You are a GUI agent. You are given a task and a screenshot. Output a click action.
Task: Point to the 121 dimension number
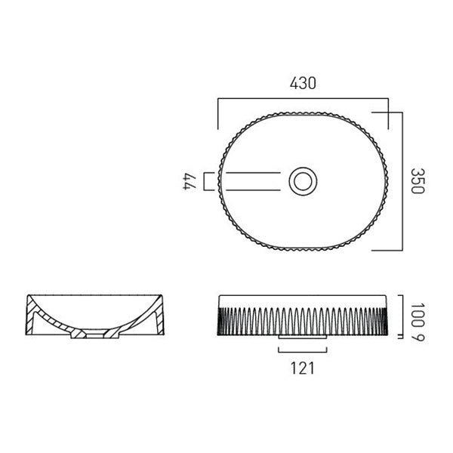point(302,368)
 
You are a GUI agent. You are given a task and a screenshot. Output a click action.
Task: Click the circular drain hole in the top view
point(303,180)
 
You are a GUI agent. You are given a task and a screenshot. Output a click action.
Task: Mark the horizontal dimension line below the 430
point(302,99)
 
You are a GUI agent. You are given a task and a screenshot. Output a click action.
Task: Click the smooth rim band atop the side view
point(302,299)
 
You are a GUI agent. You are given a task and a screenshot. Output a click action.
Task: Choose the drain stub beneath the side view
point(302,337)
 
